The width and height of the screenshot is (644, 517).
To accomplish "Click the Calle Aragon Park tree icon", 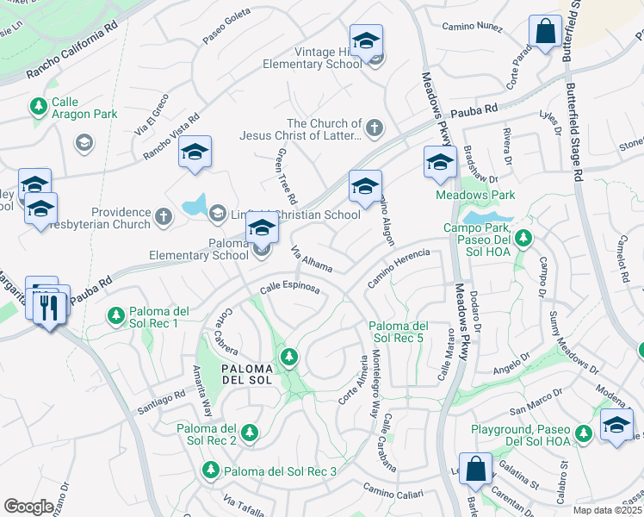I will click(x=38, y=107).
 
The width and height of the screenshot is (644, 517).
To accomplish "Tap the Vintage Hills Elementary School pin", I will click(x=366, y=41).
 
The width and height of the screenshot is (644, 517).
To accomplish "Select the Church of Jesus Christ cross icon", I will click(x=373, y=129).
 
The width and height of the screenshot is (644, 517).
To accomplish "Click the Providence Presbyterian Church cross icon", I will click(x=164, y=218).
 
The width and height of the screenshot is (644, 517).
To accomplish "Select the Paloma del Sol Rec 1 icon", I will click(x=115, y=316).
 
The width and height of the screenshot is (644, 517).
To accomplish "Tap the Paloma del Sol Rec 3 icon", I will click(x=210, y=470).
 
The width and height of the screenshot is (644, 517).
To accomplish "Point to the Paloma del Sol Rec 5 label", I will click(x=398, y=332).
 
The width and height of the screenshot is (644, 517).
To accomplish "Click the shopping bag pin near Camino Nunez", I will click(x=546, y=32).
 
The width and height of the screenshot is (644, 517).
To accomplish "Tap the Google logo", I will click(x=28, y=507).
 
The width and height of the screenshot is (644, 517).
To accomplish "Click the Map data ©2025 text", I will click(x=606, y=510).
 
